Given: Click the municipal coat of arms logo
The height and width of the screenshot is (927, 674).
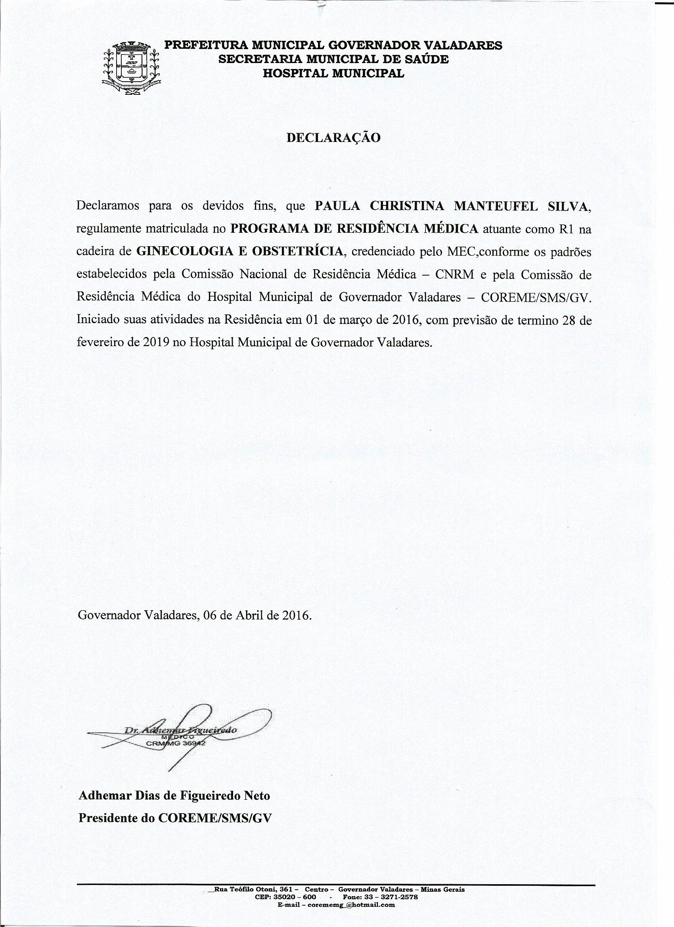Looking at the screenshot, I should (x=131, y=69).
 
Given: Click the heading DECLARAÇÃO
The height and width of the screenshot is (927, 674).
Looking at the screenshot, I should (x=333, y=137).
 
